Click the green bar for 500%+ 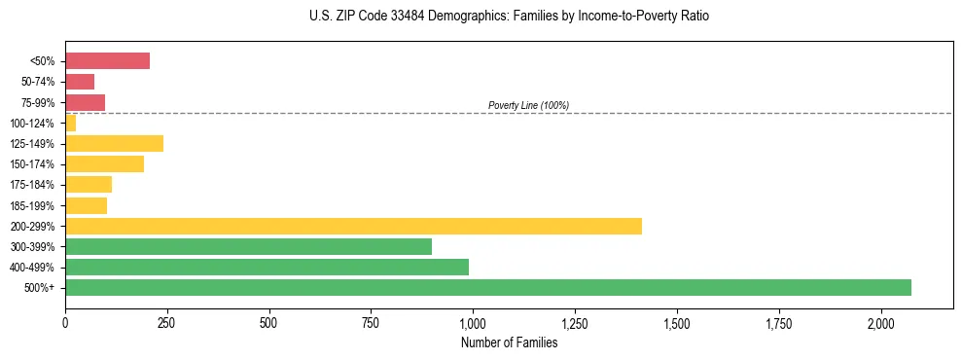point(488,287)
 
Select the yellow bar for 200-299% point(353,226)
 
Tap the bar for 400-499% point(267,267)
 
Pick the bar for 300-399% point(248,246)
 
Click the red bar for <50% point(107,61)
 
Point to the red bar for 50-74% point(80,82)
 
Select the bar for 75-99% point(85,102)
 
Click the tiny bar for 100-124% point(70,123)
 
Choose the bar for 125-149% point(114,143)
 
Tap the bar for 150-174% point(104,163)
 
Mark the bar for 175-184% point(89,185)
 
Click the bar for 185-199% point(86,205)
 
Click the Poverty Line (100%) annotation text point(528,105)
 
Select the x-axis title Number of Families point(509,342)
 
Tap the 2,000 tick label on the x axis point(880,322)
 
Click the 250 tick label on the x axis point(167,322)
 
